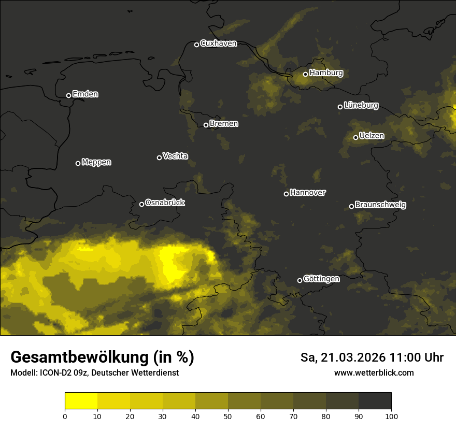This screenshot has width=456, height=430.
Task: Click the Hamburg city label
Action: tap(326, 73)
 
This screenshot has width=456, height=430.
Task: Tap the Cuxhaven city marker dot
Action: tap(196, 45)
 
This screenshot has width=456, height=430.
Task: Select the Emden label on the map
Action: tap(85, 94)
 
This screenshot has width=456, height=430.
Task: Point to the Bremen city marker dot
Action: tap(206, 125)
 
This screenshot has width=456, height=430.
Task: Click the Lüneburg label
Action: tap(361, 106)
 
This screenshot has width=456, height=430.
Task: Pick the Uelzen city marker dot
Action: tap(355, 137)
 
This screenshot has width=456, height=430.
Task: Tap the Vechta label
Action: tap(175, 156)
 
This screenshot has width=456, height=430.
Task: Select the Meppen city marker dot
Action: tap(78, 163)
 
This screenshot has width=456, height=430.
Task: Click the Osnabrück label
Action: tap(165, 203)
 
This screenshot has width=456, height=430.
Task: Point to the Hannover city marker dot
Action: tap(286, 194)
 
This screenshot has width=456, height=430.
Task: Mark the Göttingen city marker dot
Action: tap(300, 280)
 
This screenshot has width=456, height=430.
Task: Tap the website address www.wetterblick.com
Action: tap(374, 373)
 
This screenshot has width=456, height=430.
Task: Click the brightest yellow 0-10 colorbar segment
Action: tap(81, 401)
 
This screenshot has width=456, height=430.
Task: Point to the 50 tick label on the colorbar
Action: tap(228, 416)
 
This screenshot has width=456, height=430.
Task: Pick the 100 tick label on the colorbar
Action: tap(391, 416)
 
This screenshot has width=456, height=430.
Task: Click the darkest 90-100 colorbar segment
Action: tap(375, 401)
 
